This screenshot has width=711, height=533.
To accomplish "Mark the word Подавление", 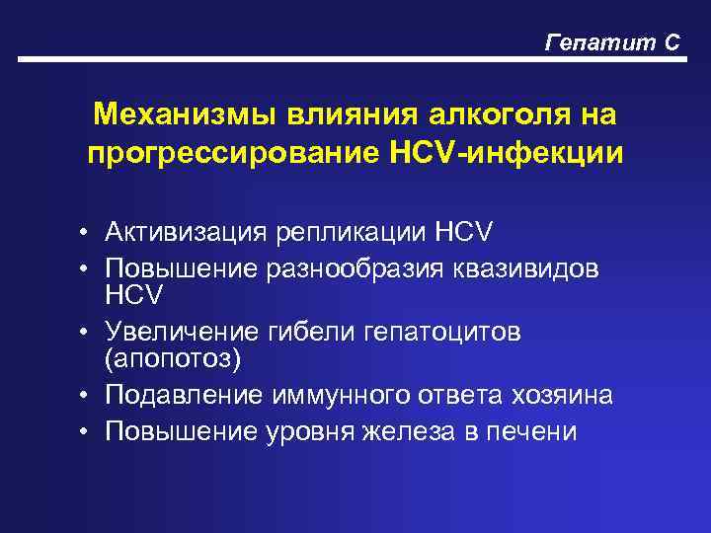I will click(185, 396).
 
